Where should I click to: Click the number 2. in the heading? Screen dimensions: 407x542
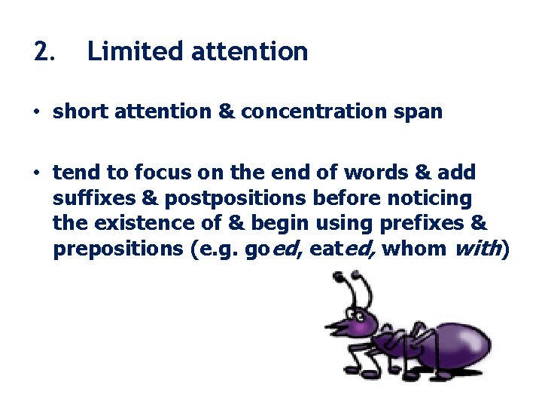(x=44, y=51)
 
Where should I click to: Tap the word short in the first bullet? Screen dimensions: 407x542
(x=78, y=112)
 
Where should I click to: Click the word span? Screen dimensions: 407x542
(x=420, y=112)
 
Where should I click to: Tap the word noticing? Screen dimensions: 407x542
(x=435, y=198)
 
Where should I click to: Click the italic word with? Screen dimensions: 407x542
(x=477, y=249)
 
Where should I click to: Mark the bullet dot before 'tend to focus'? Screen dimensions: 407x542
(x=35, y=173)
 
